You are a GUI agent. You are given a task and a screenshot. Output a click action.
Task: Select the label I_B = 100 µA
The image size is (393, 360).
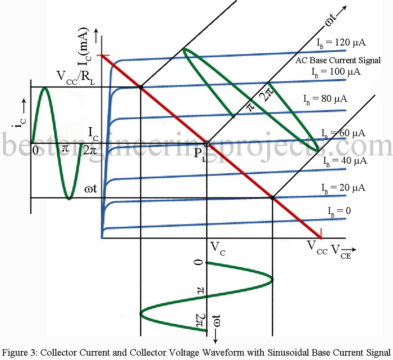(x=336, y=71)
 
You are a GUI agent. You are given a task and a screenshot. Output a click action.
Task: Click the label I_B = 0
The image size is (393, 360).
(x=339, y=211)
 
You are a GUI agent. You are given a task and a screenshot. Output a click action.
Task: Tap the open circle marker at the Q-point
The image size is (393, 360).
(x=207, y=143)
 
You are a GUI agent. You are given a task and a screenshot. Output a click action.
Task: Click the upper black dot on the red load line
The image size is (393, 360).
(x=141, y=87)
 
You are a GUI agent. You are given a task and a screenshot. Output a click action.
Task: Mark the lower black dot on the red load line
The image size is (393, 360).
(x=272, y=197)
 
